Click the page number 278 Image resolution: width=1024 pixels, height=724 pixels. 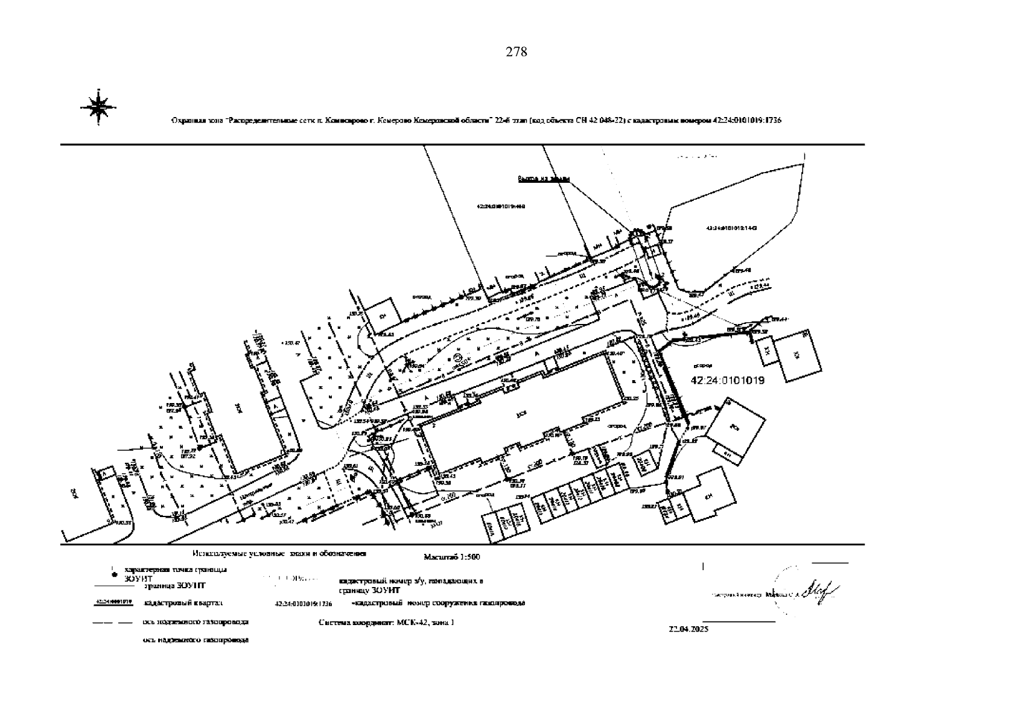(x=516, y=52)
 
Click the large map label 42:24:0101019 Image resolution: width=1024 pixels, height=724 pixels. (x=727, y=381)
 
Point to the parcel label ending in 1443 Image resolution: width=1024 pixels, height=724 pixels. (x=731, y=228)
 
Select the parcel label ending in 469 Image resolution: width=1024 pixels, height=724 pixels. (x=501, y=206)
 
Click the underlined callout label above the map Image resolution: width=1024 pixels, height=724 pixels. (x=543, y=179)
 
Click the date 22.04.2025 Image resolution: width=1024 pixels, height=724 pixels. (x=688, y=629)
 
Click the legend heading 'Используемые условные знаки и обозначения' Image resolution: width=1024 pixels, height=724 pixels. (x=279, y=553)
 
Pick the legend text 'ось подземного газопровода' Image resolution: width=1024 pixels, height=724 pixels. (x=196, y=622)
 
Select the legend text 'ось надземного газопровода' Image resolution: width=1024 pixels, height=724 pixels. (x=196, y=640)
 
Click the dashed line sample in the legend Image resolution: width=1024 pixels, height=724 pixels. (x=113, y=622)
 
